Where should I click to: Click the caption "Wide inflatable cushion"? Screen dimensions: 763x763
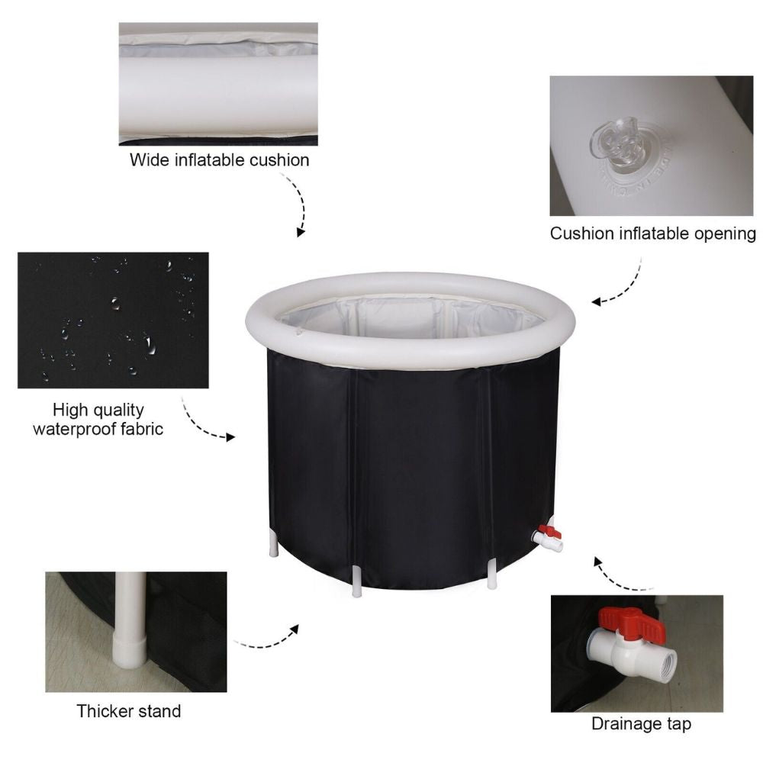[220, 160]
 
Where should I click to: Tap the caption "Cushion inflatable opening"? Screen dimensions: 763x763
[653, 233]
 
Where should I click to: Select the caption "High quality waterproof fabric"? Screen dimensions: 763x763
[98, 420]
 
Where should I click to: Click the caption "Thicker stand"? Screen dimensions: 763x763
[129, 711]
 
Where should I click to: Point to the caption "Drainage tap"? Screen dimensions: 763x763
[642, 723]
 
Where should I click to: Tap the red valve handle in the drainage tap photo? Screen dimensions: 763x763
[631, 623]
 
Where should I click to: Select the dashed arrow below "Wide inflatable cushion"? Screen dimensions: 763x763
[298, 204]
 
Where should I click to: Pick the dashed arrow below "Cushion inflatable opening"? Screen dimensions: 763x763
[628, 287]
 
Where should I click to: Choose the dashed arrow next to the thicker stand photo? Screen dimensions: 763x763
[266, 642]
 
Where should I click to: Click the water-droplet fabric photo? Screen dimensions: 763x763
[113, 320]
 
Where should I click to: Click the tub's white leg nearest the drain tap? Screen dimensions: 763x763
[492, 573]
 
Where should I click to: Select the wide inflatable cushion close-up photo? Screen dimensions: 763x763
[218, 84]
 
